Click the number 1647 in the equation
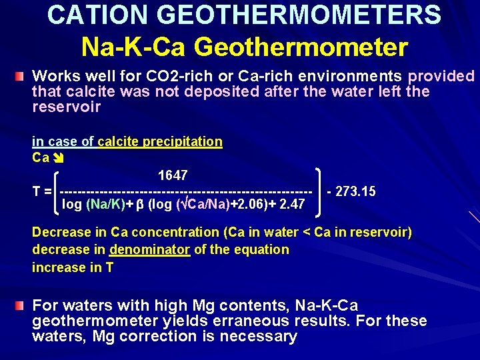173,175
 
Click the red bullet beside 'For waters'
22,305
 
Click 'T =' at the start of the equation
42,192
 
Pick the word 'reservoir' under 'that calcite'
67,107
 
